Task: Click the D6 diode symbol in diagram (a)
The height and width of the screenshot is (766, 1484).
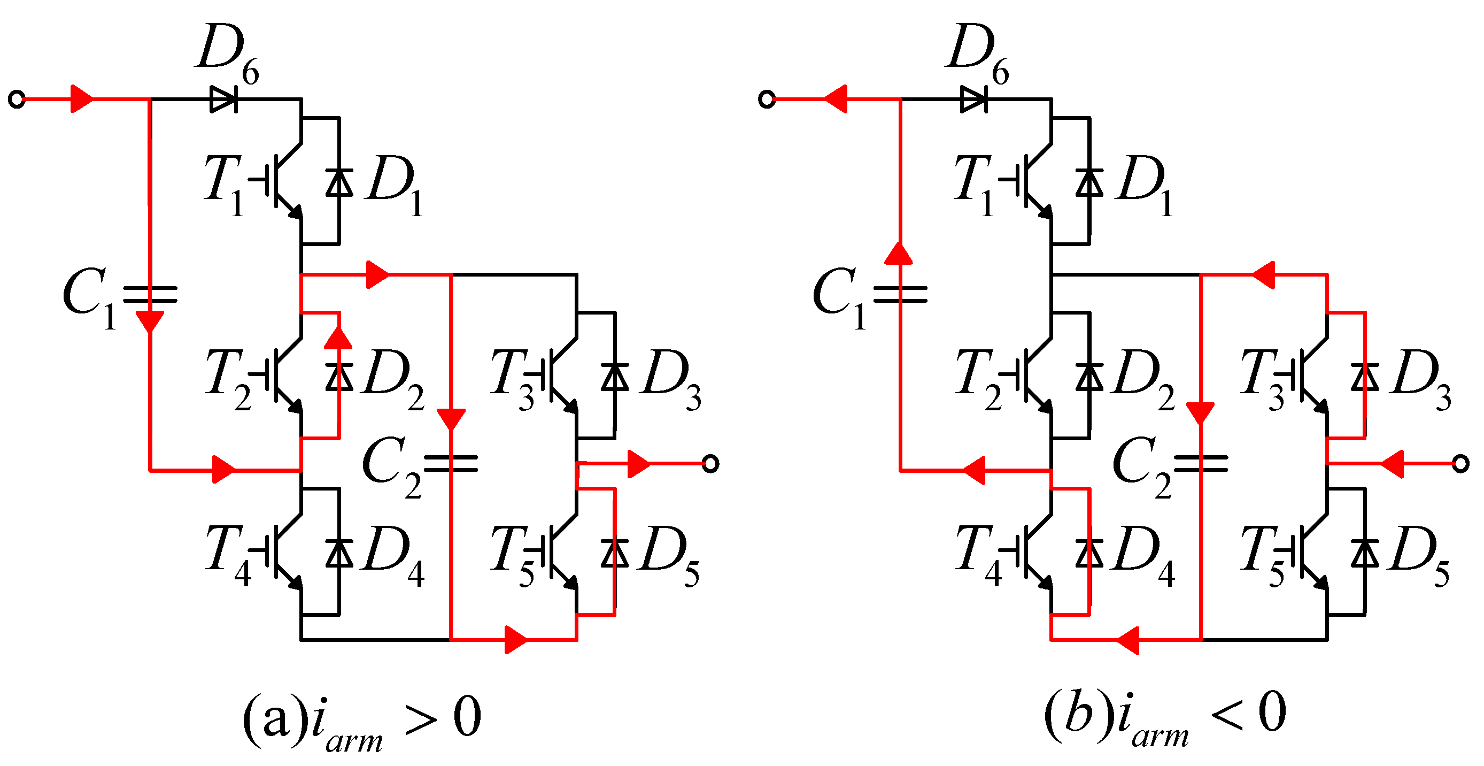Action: point(223,99)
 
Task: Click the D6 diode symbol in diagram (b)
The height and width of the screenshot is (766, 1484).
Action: point(973,99)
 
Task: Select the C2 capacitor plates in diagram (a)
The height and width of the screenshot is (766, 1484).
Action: point(451,463)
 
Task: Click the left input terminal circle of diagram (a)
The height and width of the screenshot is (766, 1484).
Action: point(17,99)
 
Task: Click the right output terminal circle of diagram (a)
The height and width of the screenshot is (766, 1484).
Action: point(711,463)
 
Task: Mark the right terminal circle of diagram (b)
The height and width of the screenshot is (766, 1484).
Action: point(1460,463)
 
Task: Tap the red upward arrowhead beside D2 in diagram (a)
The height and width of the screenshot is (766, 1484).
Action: point(338,338)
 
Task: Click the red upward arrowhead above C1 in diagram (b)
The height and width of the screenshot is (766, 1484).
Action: point(899,254)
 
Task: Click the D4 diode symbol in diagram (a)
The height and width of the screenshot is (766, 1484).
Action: point(339,553)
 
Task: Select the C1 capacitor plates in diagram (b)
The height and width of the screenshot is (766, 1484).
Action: point(900,295)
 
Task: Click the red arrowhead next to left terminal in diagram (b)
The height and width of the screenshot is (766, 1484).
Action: point(836,99)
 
